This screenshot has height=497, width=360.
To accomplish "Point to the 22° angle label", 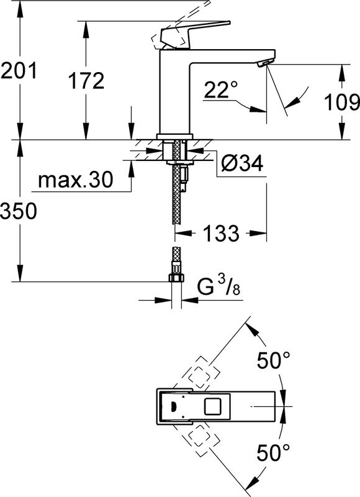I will [220, 91].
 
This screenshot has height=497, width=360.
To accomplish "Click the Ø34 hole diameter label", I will [242, 163].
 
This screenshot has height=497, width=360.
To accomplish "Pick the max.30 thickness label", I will [75, 181].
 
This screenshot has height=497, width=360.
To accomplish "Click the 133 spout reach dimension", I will [220, 234].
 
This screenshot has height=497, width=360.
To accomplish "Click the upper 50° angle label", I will [274, 359].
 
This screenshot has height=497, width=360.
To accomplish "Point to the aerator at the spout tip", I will [263, 63].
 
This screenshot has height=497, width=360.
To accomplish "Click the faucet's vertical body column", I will [176, 93].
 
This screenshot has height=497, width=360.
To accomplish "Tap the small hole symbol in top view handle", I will [171, 407].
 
